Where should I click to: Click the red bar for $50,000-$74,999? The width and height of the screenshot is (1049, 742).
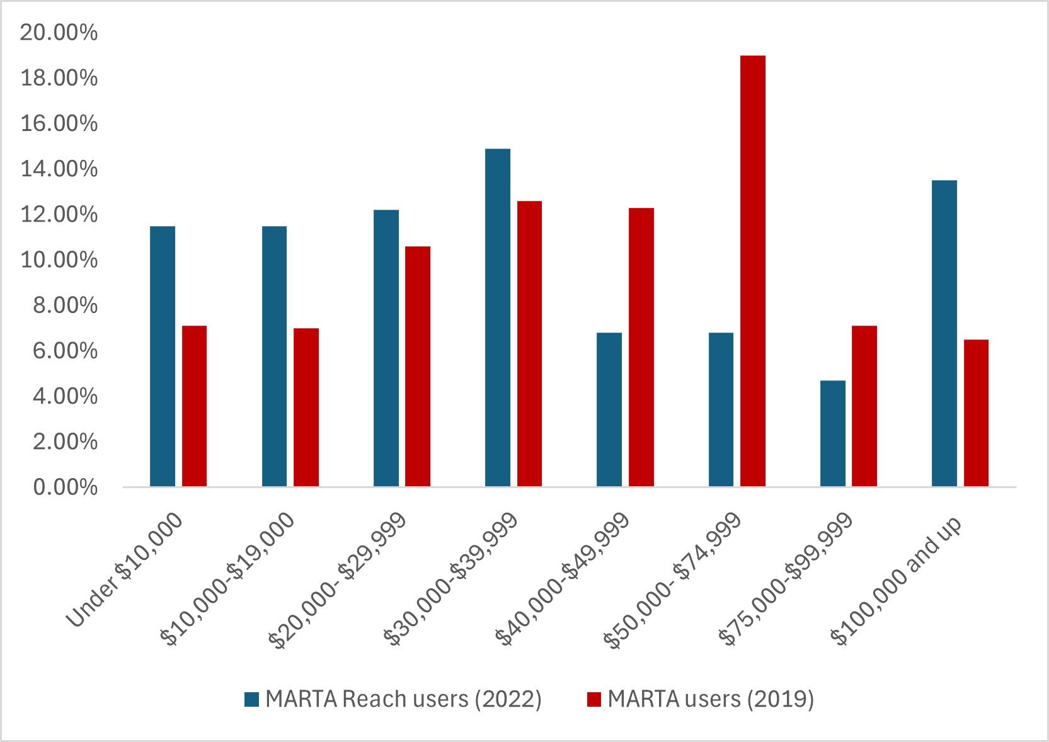click(753, 271)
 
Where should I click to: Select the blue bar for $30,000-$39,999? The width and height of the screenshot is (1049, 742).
click(498, 317)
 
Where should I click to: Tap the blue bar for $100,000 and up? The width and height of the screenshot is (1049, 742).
click(944, 333)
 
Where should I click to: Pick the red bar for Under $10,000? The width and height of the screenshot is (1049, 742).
click(194, 406)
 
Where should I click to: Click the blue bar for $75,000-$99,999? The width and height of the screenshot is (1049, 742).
click(833, 433)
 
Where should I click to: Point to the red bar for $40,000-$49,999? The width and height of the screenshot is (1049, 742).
click(641, 347)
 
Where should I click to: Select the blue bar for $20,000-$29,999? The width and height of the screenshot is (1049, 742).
click(386, 348)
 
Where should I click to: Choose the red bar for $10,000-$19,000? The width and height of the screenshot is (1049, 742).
click(306, 408)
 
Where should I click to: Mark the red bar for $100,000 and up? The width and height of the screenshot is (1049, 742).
click(976, 413)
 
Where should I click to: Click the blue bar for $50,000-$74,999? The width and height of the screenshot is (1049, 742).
click(721, 409)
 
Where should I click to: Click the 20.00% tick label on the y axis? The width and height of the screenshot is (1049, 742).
click(59, 33)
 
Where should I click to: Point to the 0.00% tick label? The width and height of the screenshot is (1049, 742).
click(65, 488)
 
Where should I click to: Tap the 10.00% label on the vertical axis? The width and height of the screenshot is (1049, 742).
click(59, 260)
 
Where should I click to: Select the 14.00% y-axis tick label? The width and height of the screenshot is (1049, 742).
click(59, 169)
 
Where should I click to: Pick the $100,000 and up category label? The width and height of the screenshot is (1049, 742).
click(897, 581)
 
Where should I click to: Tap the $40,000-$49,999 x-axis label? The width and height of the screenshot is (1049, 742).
click(563, 581)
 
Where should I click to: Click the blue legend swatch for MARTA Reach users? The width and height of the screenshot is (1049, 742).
click(252, 699)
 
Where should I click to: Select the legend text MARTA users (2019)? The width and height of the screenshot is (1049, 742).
click(711, 699)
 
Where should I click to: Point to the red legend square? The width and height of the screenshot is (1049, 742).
click(594, 699)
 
